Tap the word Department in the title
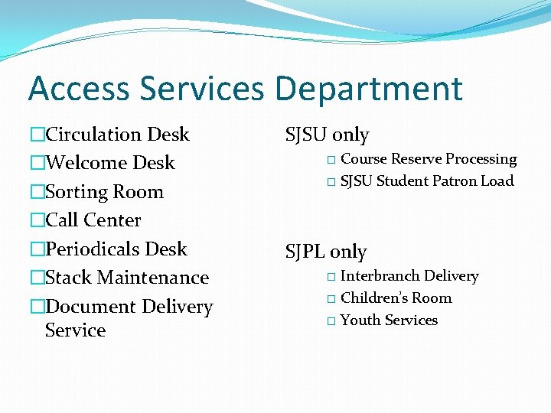[369, 89]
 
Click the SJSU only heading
[327, 135]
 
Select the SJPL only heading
[326, 252]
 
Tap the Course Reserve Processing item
[429, 159]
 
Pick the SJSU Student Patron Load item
[427, 181]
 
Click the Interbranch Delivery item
[409, 276]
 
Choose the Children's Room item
[396, 298]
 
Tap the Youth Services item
[389, 320]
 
